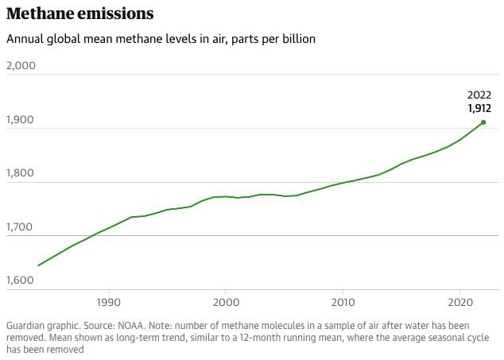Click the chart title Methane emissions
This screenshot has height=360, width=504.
pos(80,14)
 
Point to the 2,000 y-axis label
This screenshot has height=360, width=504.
pos(21,65)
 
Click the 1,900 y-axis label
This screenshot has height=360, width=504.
pos(21,119)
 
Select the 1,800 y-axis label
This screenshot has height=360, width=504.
pos(21,173)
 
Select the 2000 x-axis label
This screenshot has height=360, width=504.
pos(226,303)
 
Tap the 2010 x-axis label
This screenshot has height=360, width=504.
pos(343,303)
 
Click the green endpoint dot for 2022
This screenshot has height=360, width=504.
pos(483,122)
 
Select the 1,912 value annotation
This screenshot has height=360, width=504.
pos(479,108)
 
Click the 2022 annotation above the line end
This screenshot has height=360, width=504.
pos(479,95)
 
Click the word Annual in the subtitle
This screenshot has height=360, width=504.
pos(24,39)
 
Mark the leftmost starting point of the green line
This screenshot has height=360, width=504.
pos(38,265)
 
